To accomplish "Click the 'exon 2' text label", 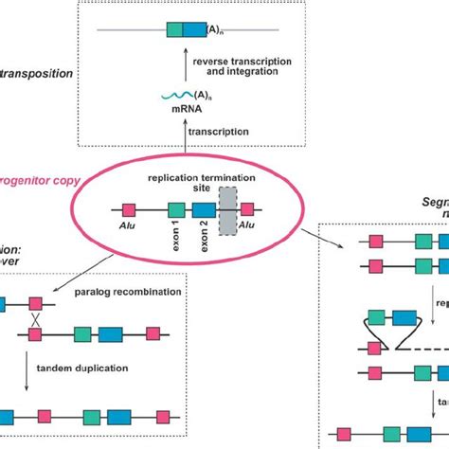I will point(203,235).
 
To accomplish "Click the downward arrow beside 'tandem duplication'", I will point(36,373).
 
